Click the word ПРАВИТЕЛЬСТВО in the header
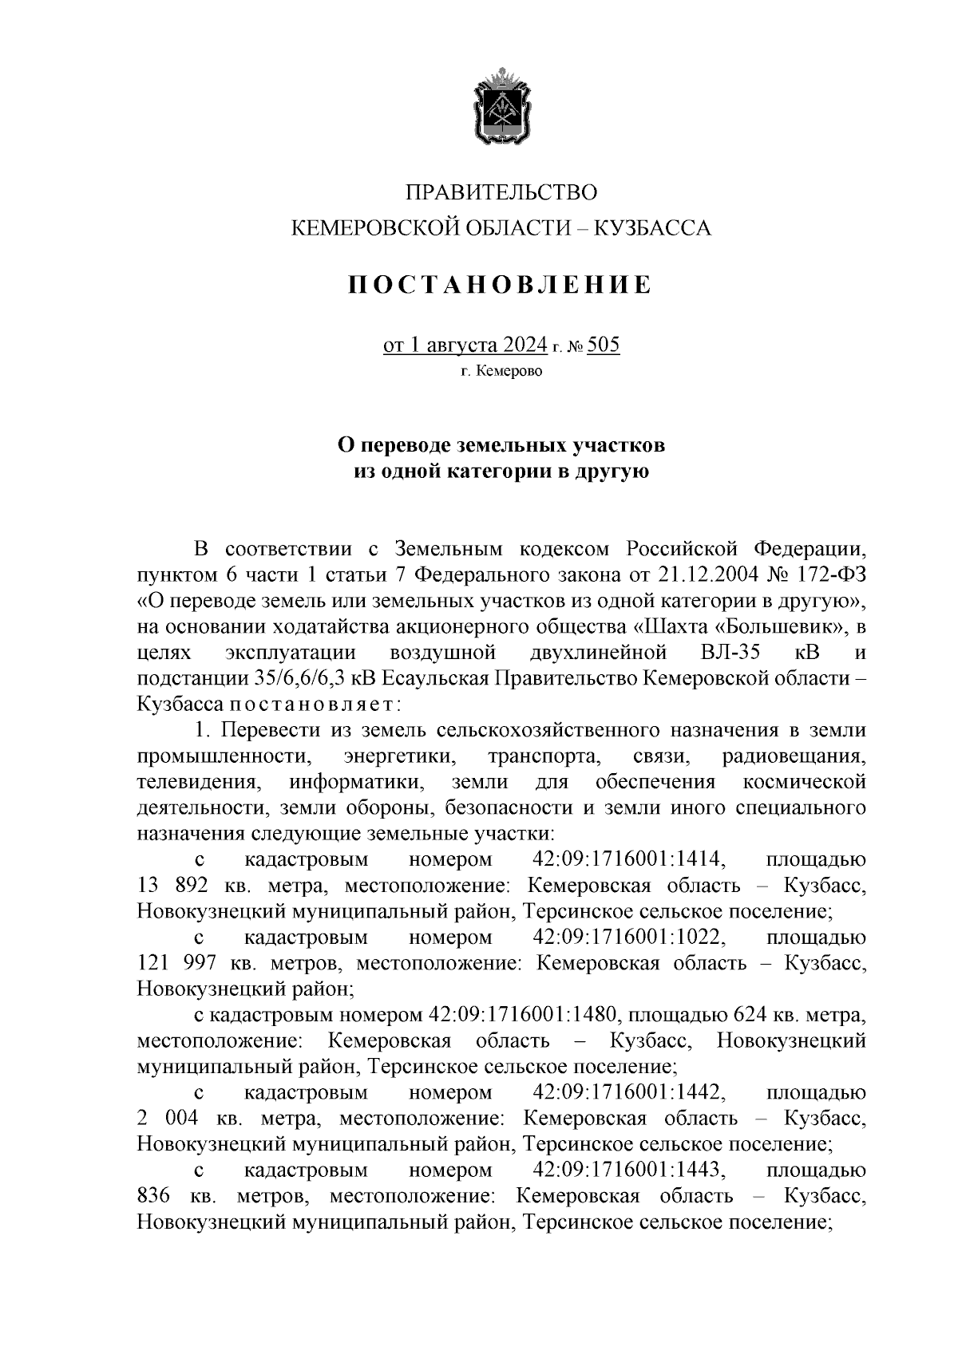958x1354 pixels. point(501,193)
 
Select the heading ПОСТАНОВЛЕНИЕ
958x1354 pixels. point(501,285)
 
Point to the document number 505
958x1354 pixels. point(603,345)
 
